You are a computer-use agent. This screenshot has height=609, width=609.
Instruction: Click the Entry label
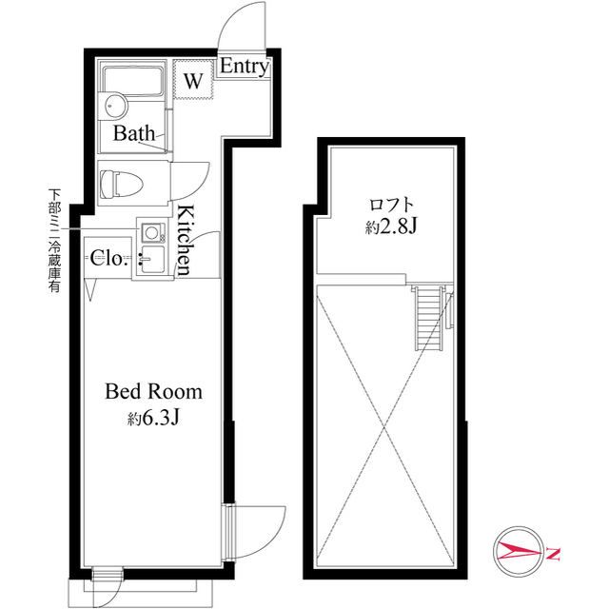[245, 68]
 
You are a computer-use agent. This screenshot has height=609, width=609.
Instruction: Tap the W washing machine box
[193, 81]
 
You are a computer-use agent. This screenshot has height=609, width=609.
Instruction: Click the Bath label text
[134, 133]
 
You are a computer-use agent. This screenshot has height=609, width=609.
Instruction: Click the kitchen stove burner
[151, 231]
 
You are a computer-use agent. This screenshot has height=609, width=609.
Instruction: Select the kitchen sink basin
[150, 258]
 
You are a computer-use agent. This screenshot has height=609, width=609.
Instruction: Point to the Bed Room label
[153, 391]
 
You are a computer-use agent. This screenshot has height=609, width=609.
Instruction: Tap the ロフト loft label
[391, 204]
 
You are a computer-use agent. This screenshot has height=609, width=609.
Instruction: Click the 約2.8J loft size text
[390, 227]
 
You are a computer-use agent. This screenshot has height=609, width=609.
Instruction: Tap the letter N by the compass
[554, 552]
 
